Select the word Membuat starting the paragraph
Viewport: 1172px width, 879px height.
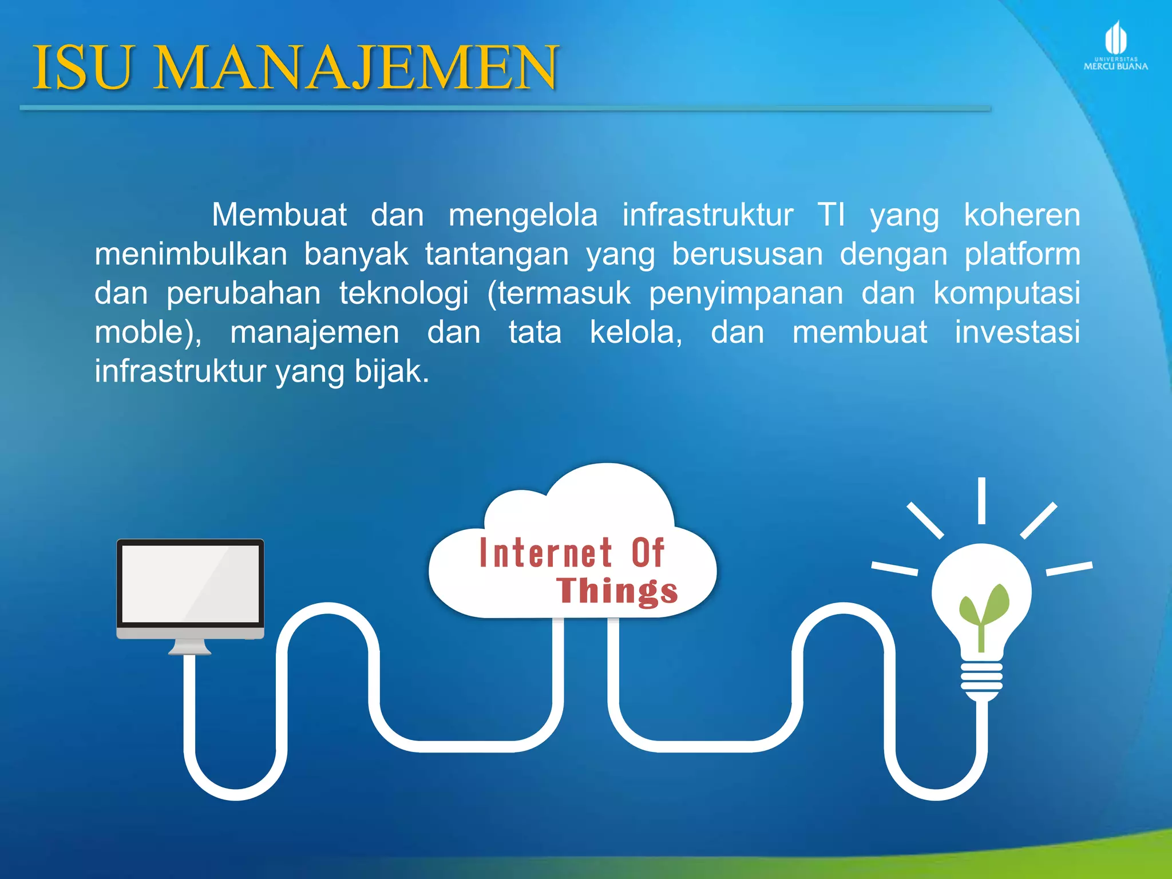279,215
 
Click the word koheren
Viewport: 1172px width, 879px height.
1021,215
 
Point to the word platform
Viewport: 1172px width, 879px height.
1022,254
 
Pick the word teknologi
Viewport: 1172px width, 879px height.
404,293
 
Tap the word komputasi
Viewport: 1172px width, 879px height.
1007,293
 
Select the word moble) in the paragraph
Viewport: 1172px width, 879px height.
148,332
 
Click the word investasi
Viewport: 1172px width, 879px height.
1017,332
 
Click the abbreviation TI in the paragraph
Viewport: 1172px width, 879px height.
831,215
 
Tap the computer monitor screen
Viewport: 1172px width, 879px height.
191,583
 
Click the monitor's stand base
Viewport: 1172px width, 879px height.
190,649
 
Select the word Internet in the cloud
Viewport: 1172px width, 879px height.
546,553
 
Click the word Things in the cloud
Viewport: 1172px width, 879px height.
617,591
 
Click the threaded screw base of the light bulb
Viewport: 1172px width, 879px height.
981,678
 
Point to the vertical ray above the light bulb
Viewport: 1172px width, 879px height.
981,500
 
